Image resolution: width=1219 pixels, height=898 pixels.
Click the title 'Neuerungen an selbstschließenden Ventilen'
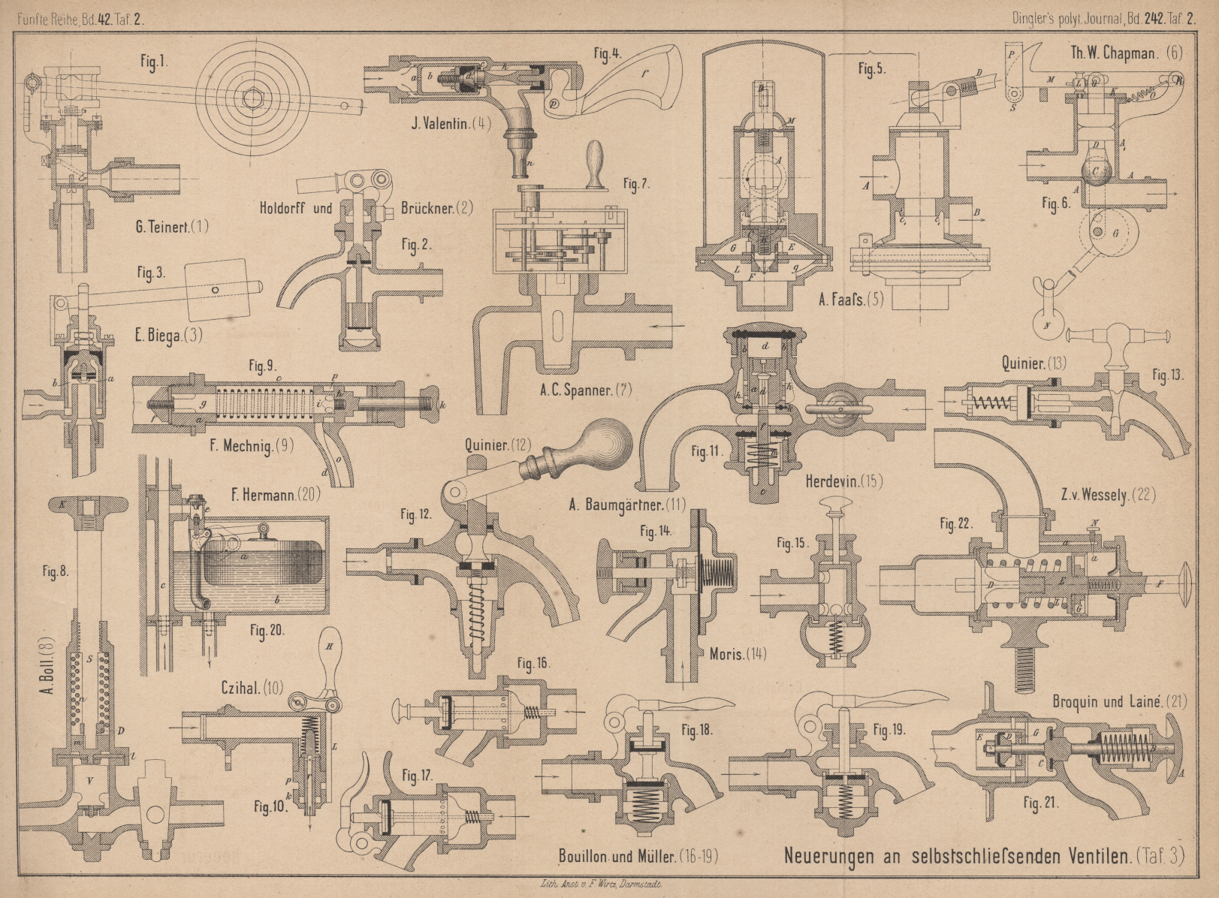click(x=958, y=855)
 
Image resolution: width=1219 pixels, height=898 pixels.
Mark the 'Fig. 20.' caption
click(x=267, y=631)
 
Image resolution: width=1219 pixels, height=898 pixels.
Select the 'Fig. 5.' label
click(x=871, y=69)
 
